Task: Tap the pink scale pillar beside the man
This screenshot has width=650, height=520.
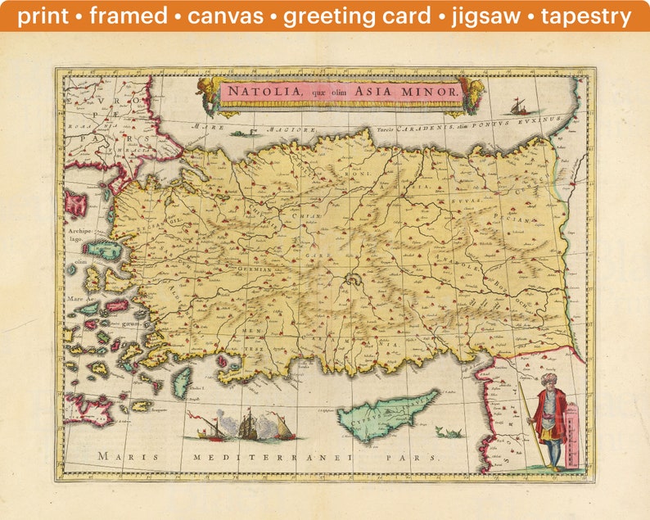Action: point(571,437)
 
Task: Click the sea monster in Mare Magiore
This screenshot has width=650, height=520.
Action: point(239,132)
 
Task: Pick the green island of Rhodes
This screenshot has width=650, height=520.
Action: point(182,381)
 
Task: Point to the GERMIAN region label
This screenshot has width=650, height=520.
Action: point(255,269)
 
